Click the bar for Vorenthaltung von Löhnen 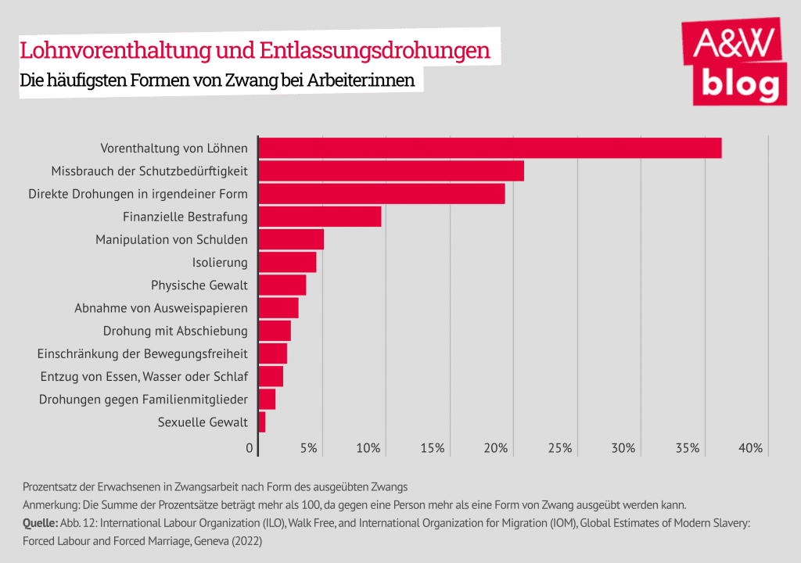(x=490, y=148)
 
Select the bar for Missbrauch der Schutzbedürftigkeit (x=391, y=170)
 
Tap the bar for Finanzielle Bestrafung (x=319, y=217)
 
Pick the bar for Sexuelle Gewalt (x=262, y=422)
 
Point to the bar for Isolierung (x=287, y=262)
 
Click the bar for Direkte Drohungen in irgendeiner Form (x=382, y=193)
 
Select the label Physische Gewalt (x=199, y=285)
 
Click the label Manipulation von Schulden (x=171, y=239)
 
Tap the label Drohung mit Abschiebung (x=175, y=331)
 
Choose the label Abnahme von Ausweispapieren (x=161, y=308)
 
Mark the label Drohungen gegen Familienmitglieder (x=143, y=400)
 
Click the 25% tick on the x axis (x=560, y=448)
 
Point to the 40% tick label (x=751, y=448)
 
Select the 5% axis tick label (x=309, y=448)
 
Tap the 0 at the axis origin (x=250, y=448)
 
